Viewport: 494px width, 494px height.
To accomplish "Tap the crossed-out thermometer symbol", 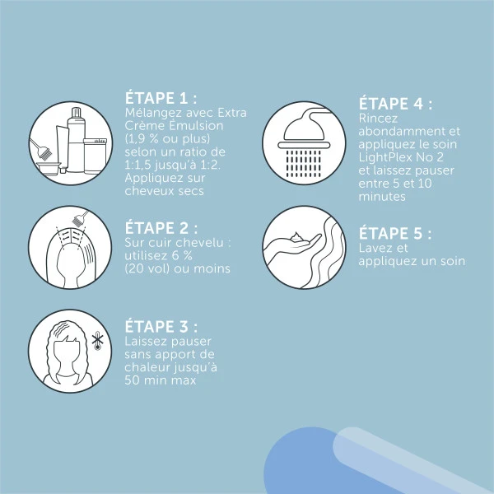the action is (x=97, y=343).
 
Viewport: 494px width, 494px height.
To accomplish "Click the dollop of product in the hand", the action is (x=296, y=237).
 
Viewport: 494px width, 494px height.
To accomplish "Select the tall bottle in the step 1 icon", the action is (x=76, y=140).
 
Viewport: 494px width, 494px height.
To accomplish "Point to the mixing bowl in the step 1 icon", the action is (x=49, y=169).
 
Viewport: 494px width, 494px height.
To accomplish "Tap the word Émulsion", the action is (x=196, y=126).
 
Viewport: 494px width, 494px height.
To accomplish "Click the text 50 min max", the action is (x=161, y=380).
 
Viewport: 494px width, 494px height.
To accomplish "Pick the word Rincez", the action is (x=378, y=119).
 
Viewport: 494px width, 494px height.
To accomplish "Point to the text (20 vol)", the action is (x=147, y=268).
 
